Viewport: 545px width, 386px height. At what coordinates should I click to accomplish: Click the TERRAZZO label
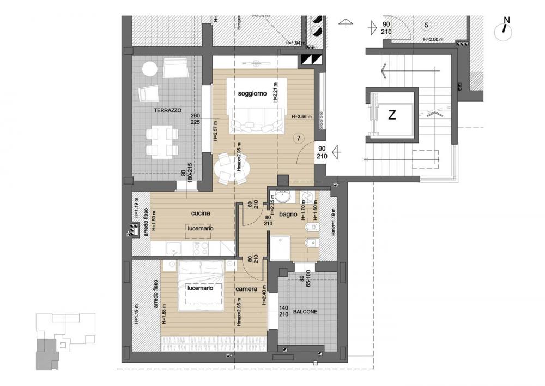click(x=167, y=110)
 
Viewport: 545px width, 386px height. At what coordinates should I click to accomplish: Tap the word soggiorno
click(x=252, y=94)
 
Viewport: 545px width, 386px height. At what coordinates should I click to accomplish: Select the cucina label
click(x=201, y=213)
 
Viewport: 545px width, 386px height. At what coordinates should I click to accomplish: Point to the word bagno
click(x=288, y=215)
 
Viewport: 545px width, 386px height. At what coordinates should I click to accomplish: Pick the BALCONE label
click(x=305, y=312)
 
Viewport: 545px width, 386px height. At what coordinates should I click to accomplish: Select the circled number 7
click(x=299, y=138)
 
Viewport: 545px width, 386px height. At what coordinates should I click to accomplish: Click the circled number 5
click(x=426, y=25)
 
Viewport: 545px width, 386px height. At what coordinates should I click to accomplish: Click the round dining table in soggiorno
click(x=232, y=167)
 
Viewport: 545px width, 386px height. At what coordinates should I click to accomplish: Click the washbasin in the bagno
click(x=283, y=197)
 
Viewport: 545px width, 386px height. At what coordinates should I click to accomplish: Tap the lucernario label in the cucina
click(x=201, y=229)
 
